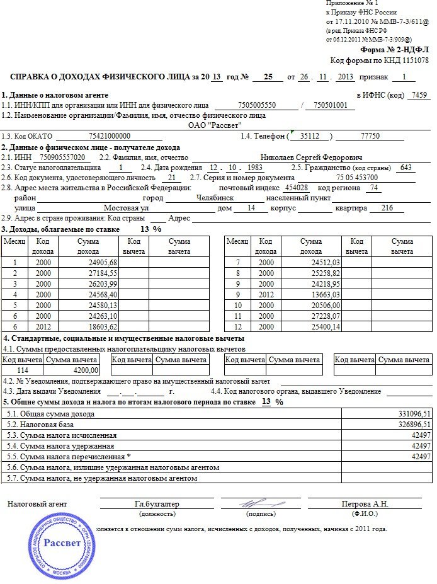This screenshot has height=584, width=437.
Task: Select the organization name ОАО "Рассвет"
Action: [x=215, y=125]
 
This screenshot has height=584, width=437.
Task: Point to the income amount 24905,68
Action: [x=104, y=261]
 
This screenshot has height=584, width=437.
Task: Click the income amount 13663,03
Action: [x=326, y=294]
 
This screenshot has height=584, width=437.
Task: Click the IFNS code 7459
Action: [x=418, y=95]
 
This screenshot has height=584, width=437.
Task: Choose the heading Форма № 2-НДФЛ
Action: [x=394, y=50]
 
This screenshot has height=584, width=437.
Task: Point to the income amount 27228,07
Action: [x=326, y=315]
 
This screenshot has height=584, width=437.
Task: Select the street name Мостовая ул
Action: [x=126, y=207]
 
